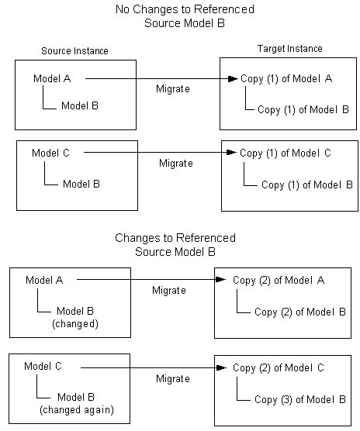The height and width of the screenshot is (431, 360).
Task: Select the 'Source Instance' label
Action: click(75, 51)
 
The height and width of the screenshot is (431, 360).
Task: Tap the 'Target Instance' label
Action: click(289, 49)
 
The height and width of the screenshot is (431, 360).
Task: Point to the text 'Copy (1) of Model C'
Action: click(286, 153)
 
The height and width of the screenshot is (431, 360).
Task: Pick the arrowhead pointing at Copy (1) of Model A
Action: click(230, 79)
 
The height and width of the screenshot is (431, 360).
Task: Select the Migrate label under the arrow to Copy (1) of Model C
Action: click(176, 164)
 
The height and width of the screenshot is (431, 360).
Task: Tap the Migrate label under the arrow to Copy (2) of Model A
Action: click(169, 290)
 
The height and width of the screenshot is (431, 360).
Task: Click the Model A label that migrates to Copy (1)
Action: click(51, 78)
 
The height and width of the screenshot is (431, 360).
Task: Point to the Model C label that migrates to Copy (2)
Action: click(42, 366)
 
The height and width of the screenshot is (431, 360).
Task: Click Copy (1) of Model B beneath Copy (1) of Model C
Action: click(306, 185)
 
